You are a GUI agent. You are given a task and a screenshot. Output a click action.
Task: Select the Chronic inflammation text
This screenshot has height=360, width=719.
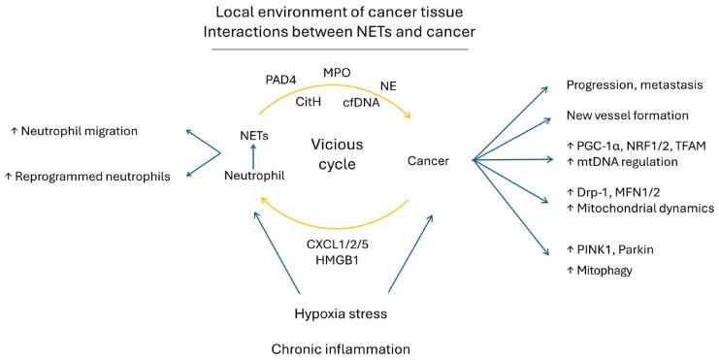point(343,346)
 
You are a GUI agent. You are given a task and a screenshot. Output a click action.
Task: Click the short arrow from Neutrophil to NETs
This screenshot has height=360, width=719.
point(254,155)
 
